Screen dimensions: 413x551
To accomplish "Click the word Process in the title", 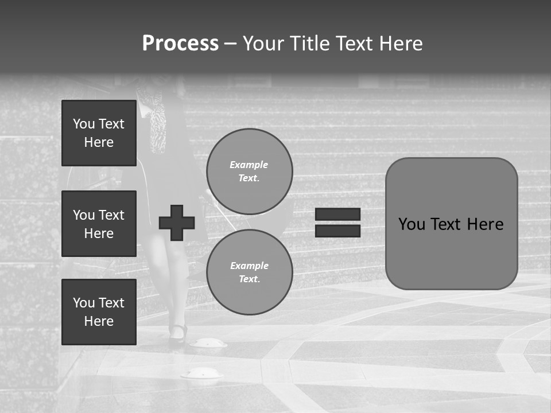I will pos(180,44).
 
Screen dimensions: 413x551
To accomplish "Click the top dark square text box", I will pos(99,133).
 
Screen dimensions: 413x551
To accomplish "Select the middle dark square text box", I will pos(99,224).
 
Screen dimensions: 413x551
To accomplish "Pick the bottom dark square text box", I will pos(99,312).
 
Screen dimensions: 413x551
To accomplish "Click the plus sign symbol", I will pos(177,223).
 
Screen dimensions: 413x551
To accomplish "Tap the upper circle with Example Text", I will pos(250,172).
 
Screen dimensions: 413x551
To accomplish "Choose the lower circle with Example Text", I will pos(250,272).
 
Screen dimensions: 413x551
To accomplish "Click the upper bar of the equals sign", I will pos(338,215).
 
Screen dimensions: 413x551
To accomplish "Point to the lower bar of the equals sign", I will pos(338,231).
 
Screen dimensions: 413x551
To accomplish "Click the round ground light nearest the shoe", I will pos(208,343).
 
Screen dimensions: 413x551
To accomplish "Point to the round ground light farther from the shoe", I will pos(201,373).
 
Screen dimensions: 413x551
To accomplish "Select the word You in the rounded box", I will pos(412,224).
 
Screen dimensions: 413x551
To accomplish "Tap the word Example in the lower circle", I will pos(249,266).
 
